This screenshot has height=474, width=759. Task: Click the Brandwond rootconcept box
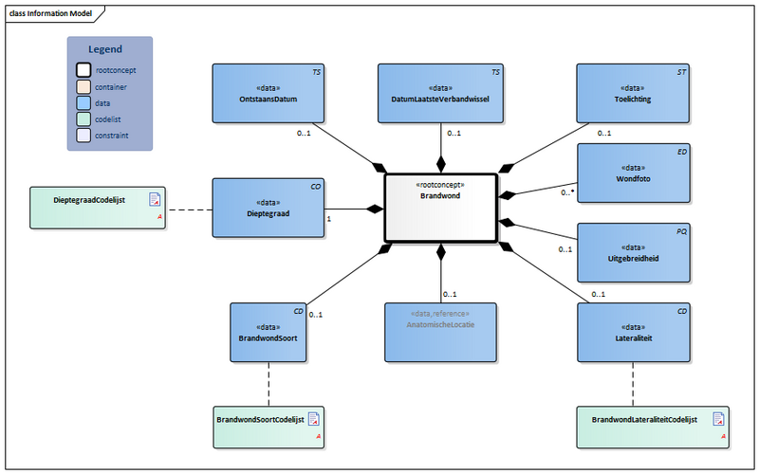click(440, 208)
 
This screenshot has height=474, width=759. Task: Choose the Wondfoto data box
click(633, 173)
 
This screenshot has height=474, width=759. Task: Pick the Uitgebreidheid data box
click(633, 252)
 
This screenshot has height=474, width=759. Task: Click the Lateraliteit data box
click(633, 331)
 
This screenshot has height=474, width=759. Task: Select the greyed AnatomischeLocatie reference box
click(440, 331)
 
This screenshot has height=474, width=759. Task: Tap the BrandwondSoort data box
click(268, 331)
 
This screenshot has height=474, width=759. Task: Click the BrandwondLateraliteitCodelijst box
click(654, 427)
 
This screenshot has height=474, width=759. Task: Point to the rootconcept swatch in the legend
click(83, 70)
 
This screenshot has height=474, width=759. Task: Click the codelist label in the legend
click(111, 119)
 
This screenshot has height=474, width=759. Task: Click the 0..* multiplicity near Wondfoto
click(567, 191)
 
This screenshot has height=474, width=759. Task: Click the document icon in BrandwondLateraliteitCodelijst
click(720, 418)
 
